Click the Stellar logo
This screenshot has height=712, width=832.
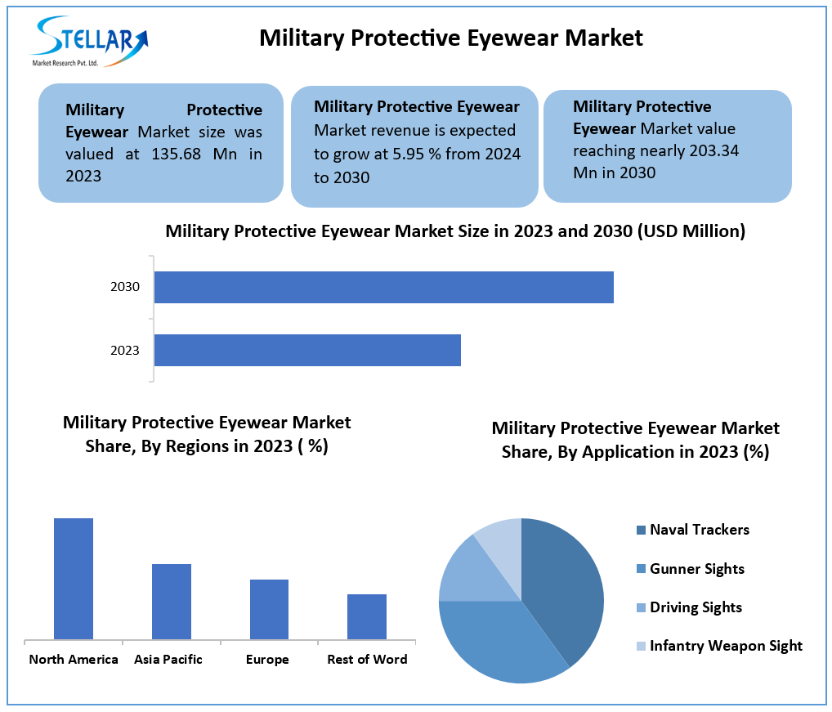90,41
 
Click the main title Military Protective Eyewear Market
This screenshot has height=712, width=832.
451,38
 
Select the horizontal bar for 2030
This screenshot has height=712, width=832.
383,287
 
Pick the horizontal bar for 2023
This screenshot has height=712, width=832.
307,350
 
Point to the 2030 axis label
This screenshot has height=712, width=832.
125,287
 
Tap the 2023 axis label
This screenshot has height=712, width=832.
125,351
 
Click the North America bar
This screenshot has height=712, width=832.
74,578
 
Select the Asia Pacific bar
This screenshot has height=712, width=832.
171,601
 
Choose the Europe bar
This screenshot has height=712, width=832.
269,609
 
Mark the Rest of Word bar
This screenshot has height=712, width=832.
366,616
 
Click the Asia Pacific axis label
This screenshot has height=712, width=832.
168,660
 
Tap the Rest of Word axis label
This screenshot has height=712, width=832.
367,660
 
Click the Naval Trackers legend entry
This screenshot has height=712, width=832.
699,530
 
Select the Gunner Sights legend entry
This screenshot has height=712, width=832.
696,569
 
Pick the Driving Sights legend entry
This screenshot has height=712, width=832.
696,607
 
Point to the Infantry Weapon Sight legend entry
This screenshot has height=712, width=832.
726,646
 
